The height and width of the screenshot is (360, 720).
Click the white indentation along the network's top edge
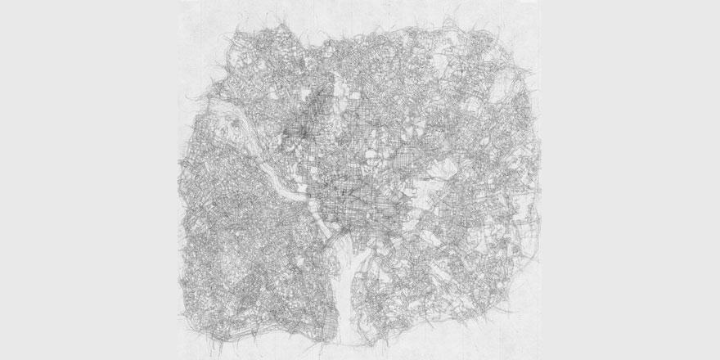click(x=314, y=41)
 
